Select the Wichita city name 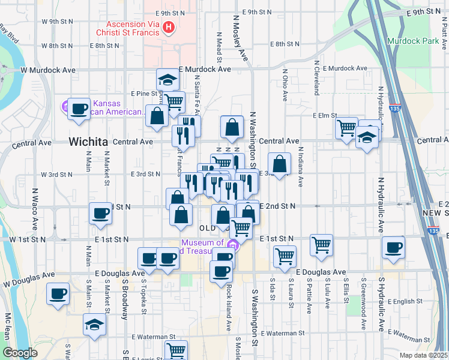click(x=88, y=142)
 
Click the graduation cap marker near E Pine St click(x=168, y=79)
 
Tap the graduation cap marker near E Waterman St click(x=94, y=325)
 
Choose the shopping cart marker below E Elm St click(x=347, y=128)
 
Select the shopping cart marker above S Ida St click(x=285, y=256)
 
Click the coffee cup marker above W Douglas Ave click(x=58, y=293)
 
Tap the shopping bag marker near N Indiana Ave click(x=280, y=163)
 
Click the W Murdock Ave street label click(x=48, y=70)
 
